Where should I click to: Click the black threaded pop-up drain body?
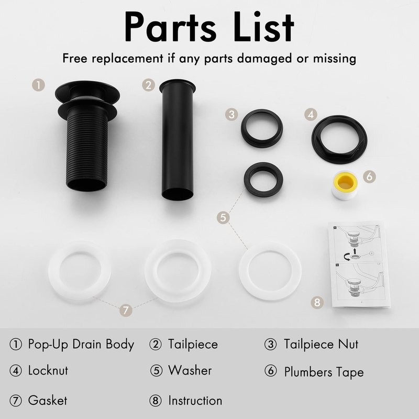(87, 139)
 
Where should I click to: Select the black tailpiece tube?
(177, 139)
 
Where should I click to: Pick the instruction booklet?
(359, 264)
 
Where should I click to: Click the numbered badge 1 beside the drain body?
(38, 85)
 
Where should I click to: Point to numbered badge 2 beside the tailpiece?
(149, 85)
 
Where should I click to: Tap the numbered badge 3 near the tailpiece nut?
(231, 114)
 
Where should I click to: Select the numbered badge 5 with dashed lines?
(223, 217)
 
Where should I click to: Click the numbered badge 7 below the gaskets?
(126, 310)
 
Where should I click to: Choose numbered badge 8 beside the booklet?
(317, 302)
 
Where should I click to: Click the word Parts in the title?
(170, 28)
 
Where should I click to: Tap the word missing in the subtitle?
(335, 58)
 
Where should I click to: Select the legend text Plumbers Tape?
(324, 372)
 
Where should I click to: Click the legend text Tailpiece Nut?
(321, 344)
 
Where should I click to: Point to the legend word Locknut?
(48, 371)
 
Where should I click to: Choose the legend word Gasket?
(48, 400)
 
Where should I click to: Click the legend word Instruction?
(195, 400)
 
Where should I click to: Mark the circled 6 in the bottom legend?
(270, 371)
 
